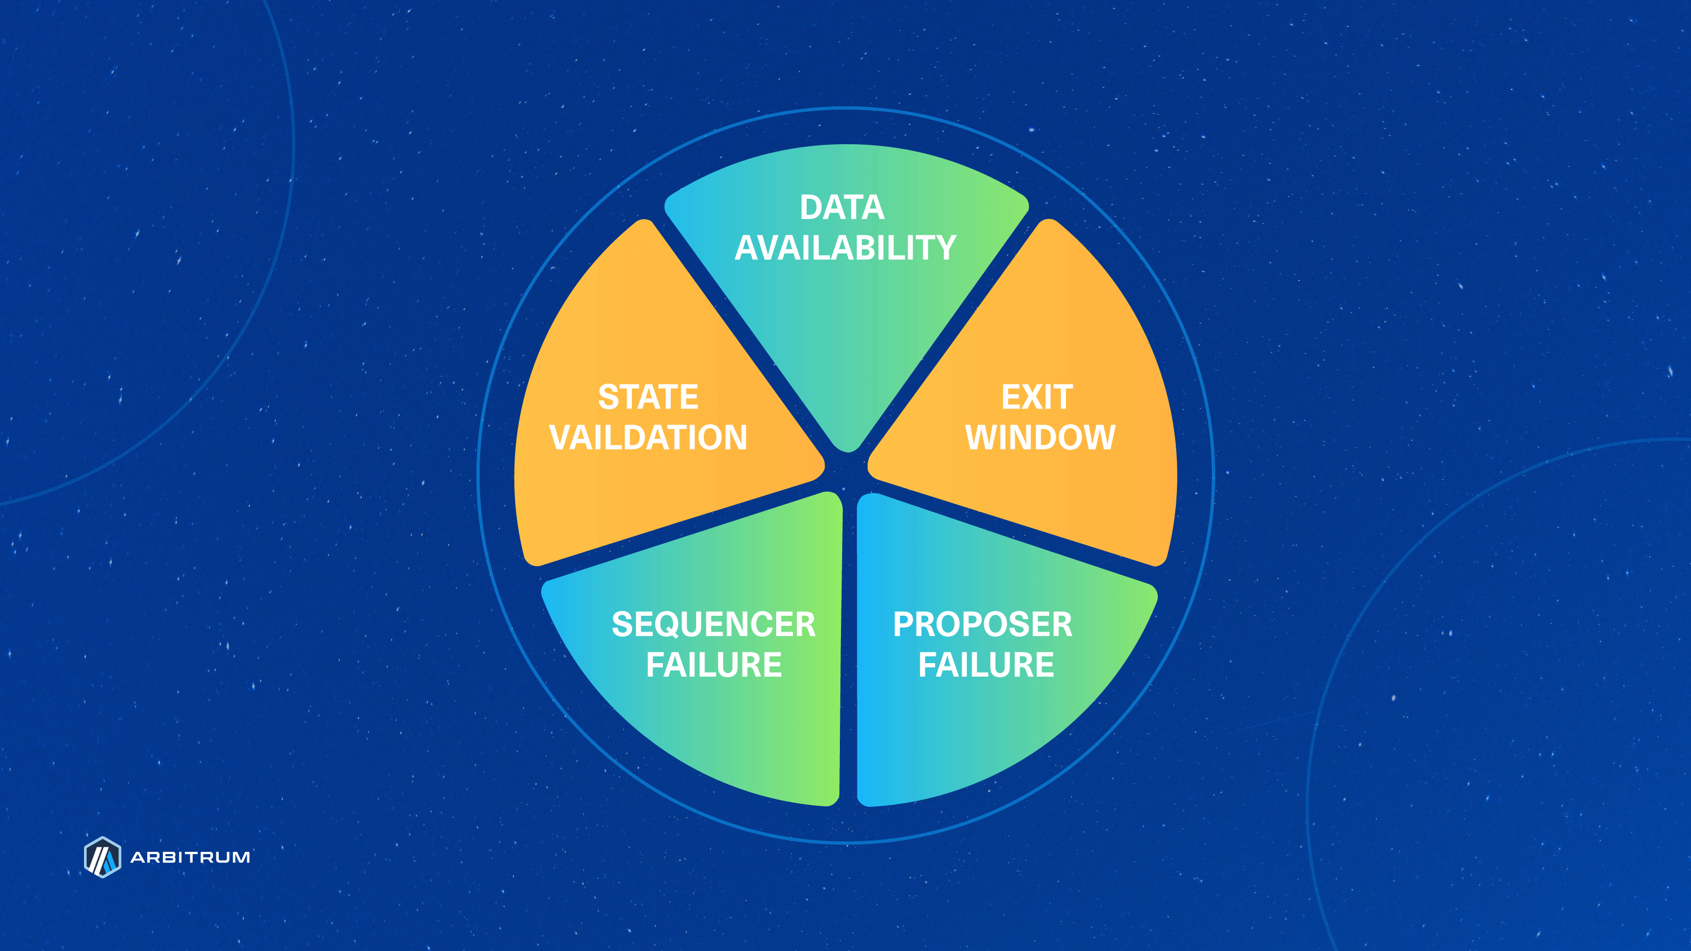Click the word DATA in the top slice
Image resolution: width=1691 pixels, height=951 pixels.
point(842,207)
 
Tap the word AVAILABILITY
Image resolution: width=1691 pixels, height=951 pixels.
point(845,247)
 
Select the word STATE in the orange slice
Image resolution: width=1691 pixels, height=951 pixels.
point(648,397)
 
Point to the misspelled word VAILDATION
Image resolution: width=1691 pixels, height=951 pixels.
point(648,437)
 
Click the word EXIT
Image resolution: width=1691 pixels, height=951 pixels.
point(1037,397)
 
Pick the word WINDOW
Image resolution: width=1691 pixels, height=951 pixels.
point(1040,437)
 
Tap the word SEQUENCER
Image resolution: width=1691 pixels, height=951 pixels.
point(714,624)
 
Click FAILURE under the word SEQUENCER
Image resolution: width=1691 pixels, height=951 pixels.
point(714,664)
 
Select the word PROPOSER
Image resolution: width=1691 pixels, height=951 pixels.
point(982,624)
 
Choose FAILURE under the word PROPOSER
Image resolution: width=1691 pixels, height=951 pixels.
point(985,664)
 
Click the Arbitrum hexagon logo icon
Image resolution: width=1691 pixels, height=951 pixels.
point(103,856)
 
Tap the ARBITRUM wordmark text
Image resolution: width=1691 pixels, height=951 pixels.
point(191,857)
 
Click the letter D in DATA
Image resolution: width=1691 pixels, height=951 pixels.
point(811,207)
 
